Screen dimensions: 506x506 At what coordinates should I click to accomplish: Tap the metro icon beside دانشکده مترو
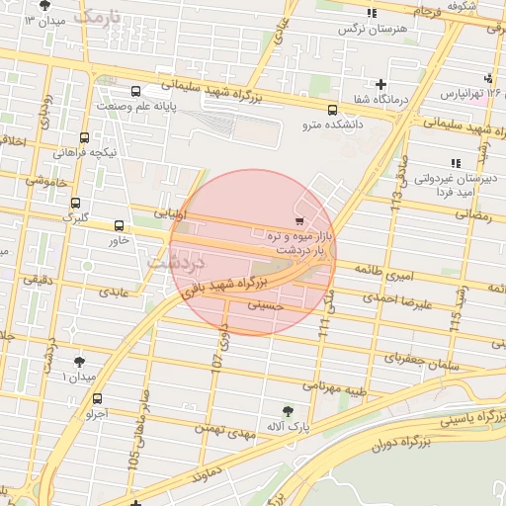tap(331, 110)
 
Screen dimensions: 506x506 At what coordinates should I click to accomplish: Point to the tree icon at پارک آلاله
tap(288, 410)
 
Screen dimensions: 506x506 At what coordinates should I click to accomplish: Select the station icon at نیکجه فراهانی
tap(83, 137)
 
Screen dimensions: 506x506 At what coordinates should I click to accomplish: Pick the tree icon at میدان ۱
tap(78, 362)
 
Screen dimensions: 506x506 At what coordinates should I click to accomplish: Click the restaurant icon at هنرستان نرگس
tap(372, 13)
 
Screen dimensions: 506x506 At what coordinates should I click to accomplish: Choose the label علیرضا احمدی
tap(396, 300)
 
